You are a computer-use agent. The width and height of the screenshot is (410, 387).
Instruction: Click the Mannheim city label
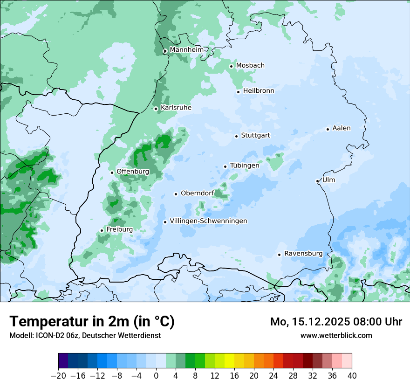coord(186,49)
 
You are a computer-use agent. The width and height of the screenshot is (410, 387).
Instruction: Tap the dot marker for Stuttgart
coord(236,136)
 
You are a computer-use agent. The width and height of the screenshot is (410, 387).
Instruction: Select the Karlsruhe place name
coord(176,108)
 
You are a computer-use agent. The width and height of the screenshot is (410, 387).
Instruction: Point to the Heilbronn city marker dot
coord(238,92)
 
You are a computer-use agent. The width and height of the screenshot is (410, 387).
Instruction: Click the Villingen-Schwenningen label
coord(208,221)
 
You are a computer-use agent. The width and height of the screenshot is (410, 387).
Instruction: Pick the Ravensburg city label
coord(303,254)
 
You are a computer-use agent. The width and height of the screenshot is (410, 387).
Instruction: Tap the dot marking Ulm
coord(317,181)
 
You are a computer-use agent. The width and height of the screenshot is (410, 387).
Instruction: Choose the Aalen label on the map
coord(341,128)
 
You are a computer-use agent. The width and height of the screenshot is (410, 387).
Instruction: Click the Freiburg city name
coord(119,229)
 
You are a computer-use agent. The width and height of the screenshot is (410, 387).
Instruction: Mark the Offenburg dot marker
coord(112,173)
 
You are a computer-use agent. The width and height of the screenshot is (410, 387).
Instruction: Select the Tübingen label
coord(244,166)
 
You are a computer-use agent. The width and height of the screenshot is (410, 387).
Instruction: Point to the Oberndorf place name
coord(197,193)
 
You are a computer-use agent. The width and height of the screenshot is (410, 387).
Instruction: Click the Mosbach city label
coord(250,66)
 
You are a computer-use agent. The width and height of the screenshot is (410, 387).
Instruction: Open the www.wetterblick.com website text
coord(336,335)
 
